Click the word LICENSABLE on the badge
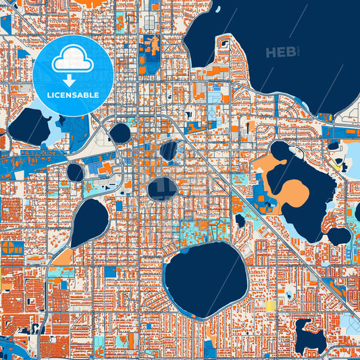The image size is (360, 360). pos(73,95)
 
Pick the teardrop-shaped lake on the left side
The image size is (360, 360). pos(90,222)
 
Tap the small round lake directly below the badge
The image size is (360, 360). pos(120,133)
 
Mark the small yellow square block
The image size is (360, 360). pos(271,305)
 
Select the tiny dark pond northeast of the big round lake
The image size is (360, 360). pos(240,220)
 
